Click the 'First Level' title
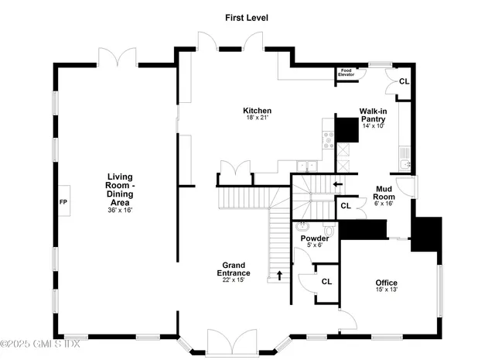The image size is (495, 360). pos(247,17)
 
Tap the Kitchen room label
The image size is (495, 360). pos(257,111)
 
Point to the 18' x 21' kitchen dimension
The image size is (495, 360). pos(257,118)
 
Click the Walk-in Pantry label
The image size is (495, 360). pos(373,115)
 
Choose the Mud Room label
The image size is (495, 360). pos(386,192)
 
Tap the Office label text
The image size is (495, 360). pos(386,283)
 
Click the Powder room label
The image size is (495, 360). pos(315,238)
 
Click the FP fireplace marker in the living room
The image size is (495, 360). pos(63,203)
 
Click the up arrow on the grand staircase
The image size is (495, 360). pos(280,274)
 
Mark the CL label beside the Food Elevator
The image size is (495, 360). pos(403,81)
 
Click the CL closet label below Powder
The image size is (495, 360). pos(326,282)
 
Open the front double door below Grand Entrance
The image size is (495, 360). pos(231,342)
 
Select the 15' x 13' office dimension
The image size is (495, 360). pos(386,290)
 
